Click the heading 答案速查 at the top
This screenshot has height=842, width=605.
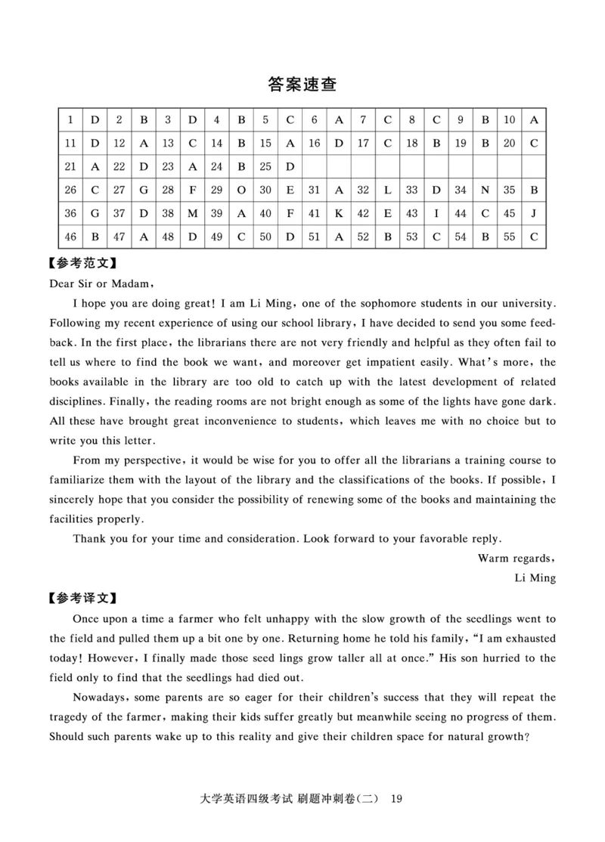pyautogui.click(x=302, y=84)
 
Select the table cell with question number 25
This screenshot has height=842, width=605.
pyautogui.click(x=265, y=166)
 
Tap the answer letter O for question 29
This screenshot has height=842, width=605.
pyautogui.click(x=240, y=190)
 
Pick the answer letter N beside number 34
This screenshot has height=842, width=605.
pyautogui.click(x=485, y=190)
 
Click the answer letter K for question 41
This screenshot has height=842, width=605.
pyautogui.click(x=338, y=213)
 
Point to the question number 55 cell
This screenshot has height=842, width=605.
pyautogui.click(x=509, y=237)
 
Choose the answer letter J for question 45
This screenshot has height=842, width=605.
pyautogui.click(x=533, y=213)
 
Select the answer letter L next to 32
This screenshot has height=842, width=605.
pyautogui.click(x=387, y=190)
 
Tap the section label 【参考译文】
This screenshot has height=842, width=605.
pyautogui.click(x=82, y=598)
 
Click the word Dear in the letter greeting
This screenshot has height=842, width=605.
pyautogui.click(x=64, y=284)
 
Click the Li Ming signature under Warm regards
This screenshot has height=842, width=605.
pyautogui.click(x=535, y=577)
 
